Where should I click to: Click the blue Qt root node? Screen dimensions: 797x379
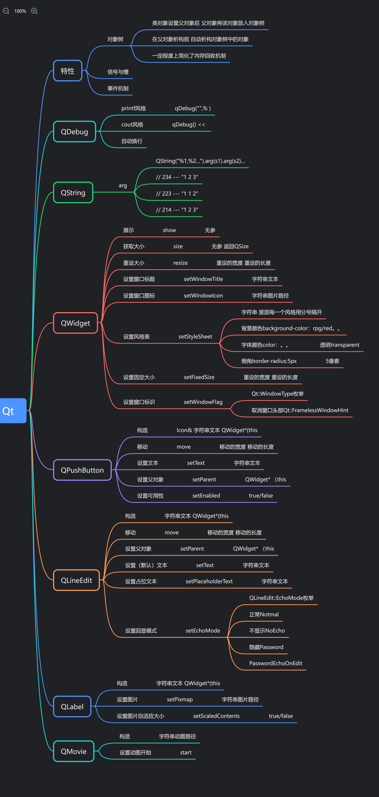click(x=12, y=411)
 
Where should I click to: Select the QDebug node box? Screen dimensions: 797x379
click(x=74, y=132)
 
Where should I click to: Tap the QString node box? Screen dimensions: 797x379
click(x=73, y=193)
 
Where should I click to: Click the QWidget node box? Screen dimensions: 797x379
click(x=75, y=323)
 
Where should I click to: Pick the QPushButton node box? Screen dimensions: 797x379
click(x=82, y=470)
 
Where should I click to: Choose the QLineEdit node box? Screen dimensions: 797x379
click(x=76, y=580)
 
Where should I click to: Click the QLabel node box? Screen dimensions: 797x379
click(x=72, y=706)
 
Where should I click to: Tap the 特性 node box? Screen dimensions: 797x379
click(x=68, y=71)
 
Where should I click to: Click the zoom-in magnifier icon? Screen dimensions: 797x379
click(x=34, y=11)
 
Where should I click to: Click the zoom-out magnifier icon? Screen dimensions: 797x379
click(x=6, y=11)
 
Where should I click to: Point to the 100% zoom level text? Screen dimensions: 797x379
click(x=20, y=11)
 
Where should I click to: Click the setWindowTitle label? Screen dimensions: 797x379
click(x=203, y=279)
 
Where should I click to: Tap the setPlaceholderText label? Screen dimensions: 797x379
click(x=209, y=581)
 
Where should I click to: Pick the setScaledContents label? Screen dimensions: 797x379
click(x=216, y=716)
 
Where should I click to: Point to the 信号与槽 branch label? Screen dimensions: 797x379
click(x=118, y=72)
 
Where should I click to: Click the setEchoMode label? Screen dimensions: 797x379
click(x=203, y=631)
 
